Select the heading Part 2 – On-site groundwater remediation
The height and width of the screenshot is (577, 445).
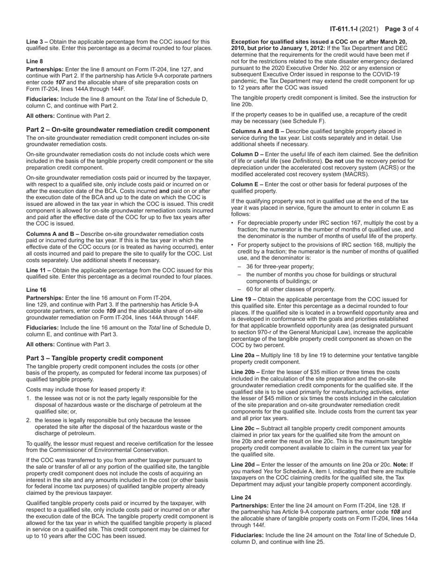[118, 129]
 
